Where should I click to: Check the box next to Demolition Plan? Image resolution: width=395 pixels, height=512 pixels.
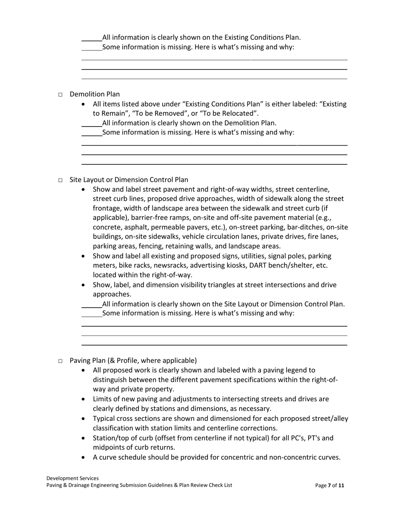pyautogui.click(x=60, y=95)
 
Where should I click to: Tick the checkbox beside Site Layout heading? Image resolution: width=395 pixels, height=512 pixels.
pyautogui.click(x=60, y=180)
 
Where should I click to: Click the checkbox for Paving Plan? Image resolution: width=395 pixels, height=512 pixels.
pyautogui.click(x=60, y=361)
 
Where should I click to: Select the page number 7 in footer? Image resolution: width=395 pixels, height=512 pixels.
pyautogui.click(x=329, y=485)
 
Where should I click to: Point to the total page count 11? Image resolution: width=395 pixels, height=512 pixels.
pyautogui.click(x=341, y=485)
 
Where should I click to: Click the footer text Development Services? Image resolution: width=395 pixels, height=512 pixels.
pyautogui.click(x=73, y=478)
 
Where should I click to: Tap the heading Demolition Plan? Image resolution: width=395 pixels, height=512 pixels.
pyautogui.click(x=95, y=94)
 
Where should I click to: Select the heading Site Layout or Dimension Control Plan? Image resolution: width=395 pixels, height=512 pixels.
pyautogui.click(x=129, y=180)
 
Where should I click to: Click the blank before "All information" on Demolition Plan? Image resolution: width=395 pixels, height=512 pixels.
pyautogui.click(x=91, y=123)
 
